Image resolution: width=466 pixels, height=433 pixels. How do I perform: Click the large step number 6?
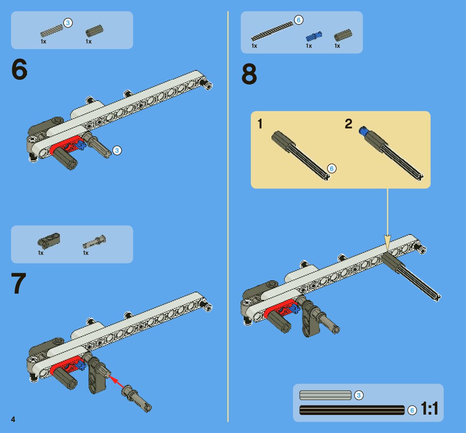[x=19, y=69]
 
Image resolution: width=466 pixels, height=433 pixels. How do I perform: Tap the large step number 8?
[x=249, y=74]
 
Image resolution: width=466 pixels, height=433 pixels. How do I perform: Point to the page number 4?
[x=13, y=419]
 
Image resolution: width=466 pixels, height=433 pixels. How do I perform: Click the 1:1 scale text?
[x=430, y=408]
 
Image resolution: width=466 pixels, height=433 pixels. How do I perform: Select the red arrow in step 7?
[x=117, y=381]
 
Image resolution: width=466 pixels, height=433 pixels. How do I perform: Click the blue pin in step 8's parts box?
[x=314, y=36]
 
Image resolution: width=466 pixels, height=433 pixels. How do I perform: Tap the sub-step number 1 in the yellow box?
[x=260, y=124]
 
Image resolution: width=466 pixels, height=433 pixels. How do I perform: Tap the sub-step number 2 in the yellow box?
[x=349, y=124]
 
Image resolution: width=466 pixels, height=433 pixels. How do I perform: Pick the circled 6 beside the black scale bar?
[x=412, y=410]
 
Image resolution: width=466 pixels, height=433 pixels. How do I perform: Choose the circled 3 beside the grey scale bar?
[x=359, y=395]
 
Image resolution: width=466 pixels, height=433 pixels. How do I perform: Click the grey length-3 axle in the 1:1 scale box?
[x=326, y=395]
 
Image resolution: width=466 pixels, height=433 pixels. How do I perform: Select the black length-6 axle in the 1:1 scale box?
[x=352, y=410]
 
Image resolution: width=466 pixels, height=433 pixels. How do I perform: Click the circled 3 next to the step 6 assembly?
[x=117, y=150]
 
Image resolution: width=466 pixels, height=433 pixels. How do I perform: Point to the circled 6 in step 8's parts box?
[x=299, y=20]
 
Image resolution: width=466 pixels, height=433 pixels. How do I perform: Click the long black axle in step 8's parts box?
[x=272, y=31]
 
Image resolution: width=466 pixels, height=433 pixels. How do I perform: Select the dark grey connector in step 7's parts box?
[x=49, y=241]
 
